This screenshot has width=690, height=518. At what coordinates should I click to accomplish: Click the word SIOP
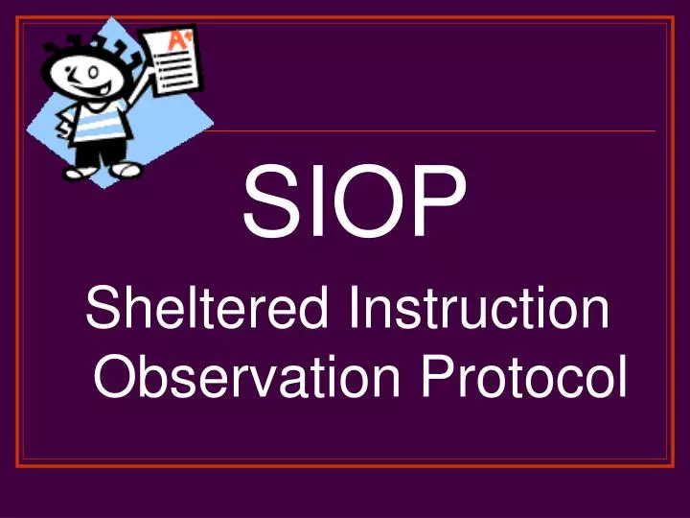(355, 203)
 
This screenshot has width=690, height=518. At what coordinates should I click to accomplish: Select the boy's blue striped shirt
(96, 123)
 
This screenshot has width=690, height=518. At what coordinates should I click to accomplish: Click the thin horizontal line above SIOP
(431, 130)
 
